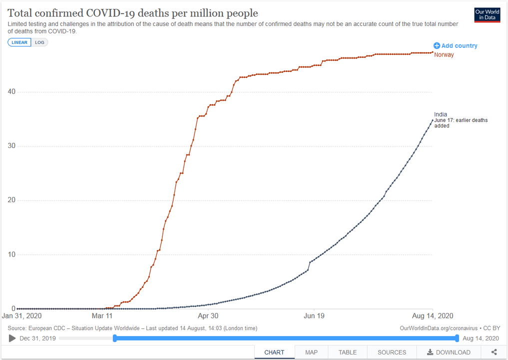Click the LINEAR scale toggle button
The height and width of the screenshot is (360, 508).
tap(19, 42)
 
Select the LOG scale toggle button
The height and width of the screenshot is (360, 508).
tap(39, 42)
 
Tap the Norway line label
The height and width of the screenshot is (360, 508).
tap(444, 55)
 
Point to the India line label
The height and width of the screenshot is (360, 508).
tap(441, 114)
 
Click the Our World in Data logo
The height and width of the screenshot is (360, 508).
tap(487, 15)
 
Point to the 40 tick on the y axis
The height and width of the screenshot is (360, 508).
tap(10, 92)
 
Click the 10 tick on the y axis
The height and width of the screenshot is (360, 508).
tap(10, 254)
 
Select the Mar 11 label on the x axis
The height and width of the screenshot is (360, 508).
tap(102, 316)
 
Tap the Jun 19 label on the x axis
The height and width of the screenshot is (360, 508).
tap(314, 316)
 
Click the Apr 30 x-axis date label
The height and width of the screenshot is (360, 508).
tap(208, 316)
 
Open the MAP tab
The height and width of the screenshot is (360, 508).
tap(311, 352)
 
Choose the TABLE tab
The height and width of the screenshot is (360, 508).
tap(348, 352)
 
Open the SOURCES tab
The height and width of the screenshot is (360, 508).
tap(392, 352)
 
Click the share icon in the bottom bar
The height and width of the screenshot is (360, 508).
tap(494, 352)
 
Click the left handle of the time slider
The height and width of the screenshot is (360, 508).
tap(115, 338)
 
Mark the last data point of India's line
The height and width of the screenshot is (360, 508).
tap(433, 120)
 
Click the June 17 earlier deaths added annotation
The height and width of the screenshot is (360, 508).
tap(461, 123)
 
